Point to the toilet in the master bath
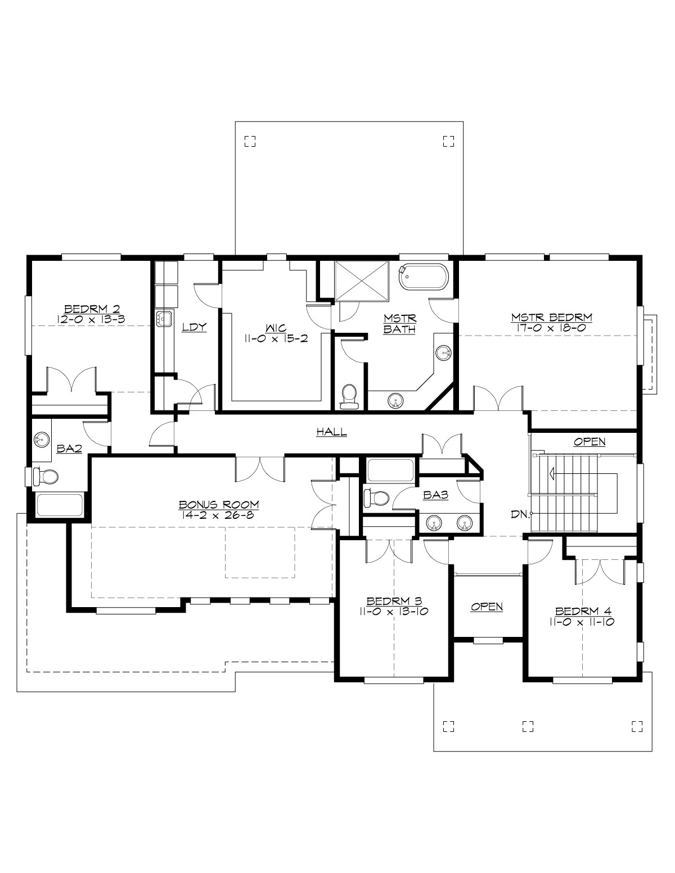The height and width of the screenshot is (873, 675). [x=349, y=395]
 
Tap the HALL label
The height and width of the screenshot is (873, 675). [x=331, y=432]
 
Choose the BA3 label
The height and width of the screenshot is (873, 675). [x=435, y=494]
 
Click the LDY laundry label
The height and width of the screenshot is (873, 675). [x=195, y=327]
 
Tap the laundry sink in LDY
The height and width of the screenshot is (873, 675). [x=164, y=319]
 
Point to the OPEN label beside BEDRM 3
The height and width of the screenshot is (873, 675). [x=487, y=607]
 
